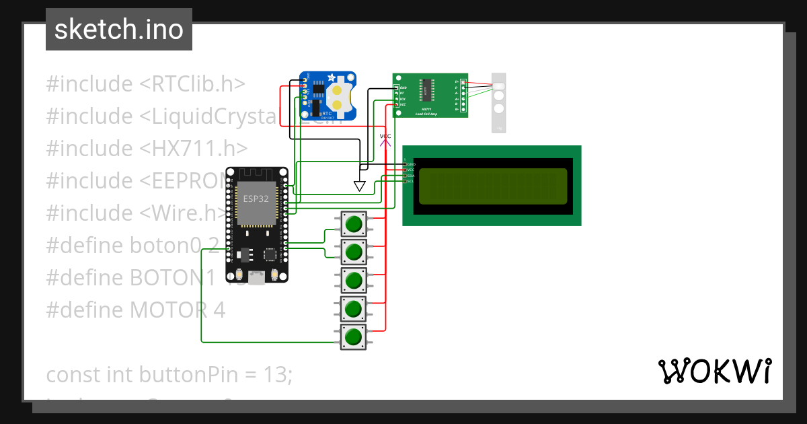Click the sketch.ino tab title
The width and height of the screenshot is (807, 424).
(x=118, y=30)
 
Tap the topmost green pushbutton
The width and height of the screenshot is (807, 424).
(x=354, y=222)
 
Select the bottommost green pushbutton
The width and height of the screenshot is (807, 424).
(x=354, y=336)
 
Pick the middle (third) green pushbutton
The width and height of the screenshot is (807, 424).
(x=354, y=279)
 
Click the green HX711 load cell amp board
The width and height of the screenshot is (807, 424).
(x=430, y=95)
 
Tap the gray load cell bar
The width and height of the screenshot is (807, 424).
(x=498, y=102)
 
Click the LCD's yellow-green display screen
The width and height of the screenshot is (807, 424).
(x=492, y=186)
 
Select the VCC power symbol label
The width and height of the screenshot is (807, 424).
(x=385, y=137)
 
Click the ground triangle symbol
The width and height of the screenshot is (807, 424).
(x=360, y=186)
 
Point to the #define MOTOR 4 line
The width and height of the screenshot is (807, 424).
(x=135, y=310)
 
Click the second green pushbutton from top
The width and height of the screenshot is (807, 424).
(x=354, y=251)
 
